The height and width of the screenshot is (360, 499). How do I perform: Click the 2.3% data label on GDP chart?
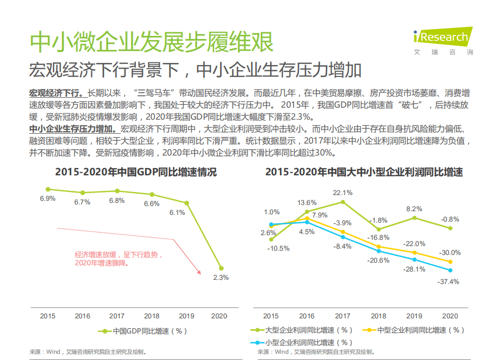221,277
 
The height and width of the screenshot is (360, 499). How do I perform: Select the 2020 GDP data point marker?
221,268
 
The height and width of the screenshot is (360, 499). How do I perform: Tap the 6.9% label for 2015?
47,199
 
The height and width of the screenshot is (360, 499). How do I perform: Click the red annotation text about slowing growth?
119,259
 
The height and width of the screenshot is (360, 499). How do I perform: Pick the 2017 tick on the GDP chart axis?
117,316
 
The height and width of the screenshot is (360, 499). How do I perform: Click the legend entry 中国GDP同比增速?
142,331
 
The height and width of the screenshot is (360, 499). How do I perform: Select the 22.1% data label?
342,192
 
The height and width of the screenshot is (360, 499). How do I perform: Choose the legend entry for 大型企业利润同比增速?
303,330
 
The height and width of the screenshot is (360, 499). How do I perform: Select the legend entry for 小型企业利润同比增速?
303,342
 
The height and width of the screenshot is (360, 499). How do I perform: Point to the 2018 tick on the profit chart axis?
378,316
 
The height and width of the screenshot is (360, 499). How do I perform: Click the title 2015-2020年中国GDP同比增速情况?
136,172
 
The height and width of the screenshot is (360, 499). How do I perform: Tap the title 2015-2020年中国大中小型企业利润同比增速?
364,172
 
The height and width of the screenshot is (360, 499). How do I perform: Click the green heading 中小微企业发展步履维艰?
151,42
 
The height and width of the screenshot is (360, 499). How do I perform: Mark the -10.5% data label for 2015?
278,248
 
